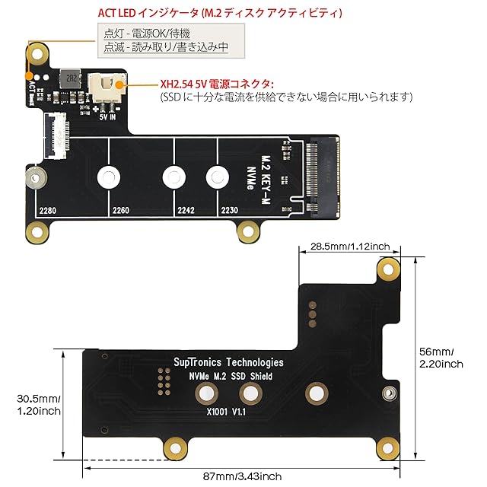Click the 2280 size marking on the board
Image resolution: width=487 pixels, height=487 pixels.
(48, 211)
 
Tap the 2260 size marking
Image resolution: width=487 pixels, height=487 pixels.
(121, 211)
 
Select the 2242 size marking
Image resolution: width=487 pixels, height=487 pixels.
(186, 211)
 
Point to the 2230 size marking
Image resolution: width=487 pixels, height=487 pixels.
(230, 211)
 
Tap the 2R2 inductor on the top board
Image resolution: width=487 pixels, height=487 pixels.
(71, 78)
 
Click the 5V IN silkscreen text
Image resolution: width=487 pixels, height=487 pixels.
(107, 117)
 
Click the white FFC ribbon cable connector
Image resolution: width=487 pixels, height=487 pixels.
(56, 135)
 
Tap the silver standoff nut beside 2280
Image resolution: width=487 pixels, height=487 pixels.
(36, 179)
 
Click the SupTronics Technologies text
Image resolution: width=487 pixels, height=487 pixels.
(228, 362)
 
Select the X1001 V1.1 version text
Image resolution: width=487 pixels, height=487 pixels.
(226, 412)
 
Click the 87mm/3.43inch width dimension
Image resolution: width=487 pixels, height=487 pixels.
(242, 476)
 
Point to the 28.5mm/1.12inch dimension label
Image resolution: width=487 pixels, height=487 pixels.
(350, 247)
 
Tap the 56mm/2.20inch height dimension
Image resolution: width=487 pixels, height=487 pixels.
(441, 358)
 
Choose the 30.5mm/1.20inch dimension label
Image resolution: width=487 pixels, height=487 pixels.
(39, 405)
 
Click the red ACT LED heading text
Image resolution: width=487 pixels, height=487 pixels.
(220, 13)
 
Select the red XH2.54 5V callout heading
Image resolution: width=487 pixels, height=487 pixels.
(217, 84)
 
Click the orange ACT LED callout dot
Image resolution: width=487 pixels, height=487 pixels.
(29, 76)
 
